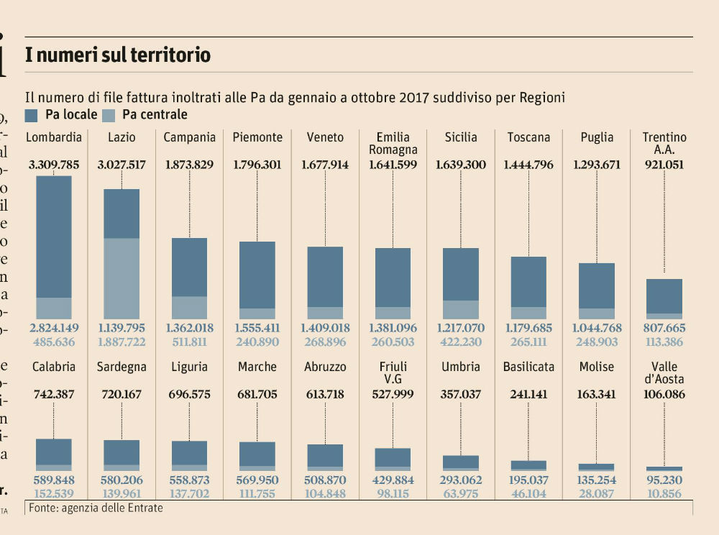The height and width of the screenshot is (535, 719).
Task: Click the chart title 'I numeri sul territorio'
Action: click(118, 55)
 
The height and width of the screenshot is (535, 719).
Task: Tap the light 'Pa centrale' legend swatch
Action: click(109, 115)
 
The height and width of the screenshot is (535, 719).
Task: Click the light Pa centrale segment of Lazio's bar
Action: click(122, 278)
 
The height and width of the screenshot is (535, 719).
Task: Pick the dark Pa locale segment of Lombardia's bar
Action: click(54, 236)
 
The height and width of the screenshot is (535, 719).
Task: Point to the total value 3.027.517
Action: click(122, 165)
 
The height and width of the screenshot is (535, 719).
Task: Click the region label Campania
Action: click(190, 137)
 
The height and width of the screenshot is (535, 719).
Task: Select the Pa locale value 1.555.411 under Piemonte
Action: click(257, 328)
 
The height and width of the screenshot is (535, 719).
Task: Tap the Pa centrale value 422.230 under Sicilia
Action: click(460, 342)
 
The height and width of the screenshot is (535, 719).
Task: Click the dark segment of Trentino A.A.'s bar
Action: click(664, 296)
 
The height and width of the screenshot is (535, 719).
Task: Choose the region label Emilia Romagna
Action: click(393, 144)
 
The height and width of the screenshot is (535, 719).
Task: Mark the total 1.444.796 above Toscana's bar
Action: click(528, 165)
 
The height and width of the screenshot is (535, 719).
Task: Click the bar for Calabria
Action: click(54, 454)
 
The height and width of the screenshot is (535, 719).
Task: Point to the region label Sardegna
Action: click(122, 367)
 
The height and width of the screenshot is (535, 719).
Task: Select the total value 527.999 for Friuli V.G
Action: click(393, 394)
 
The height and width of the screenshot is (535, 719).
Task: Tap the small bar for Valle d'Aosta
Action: click(664, 469)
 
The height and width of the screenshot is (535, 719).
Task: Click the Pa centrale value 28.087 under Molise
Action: click(596, 493)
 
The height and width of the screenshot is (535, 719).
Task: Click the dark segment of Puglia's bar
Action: click(596, 285)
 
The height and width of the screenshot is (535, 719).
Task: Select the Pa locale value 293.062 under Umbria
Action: click(460, 480)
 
